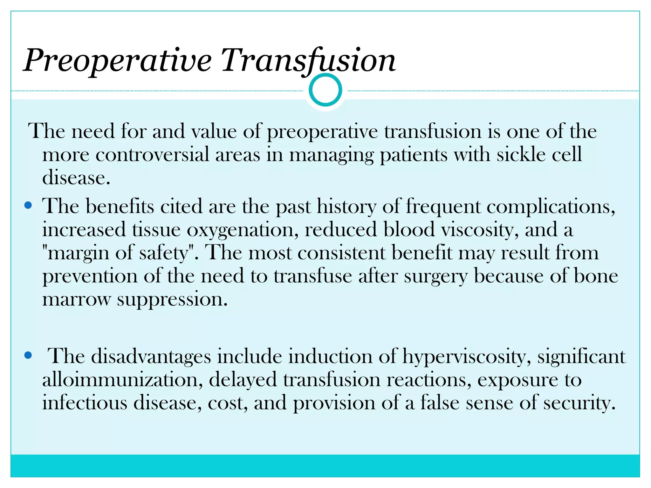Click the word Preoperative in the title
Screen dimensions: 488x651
[118, 60]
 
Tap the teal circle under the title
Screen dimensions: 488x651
[325, 90]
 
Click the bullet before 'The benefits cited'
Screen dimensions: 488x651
[28, 206]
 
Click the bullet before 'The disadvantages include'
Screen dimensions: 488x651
[28, 355]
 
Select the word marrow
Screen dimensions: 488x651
[76, 299]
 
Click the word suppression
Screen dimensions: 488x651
[172, 299]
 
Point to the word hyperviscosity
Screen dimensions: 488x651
[466, 356]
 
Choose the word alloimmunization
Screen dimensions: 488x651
[122, 380]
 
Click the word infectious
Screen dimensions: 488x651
[85, 403]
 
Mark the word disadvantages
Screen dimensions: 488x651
[151, 356]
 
